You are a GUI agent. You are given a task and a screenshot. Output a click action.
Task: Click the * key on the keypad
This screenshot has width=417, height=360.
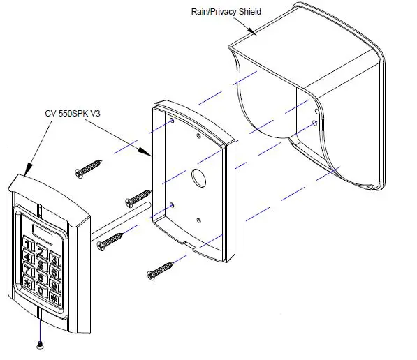pos(29,283)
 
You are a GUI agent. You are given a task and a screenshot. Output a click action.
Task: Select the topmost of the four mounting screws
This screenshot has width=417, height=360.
pos(88,167)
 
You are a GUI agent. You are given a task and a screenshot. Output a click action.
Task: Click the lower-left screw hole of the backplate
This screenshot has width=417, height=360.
pos(173,204)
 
